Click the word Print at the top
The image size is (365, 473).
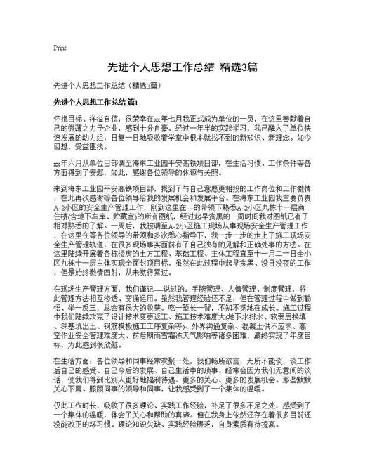[x=60, y=48]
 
